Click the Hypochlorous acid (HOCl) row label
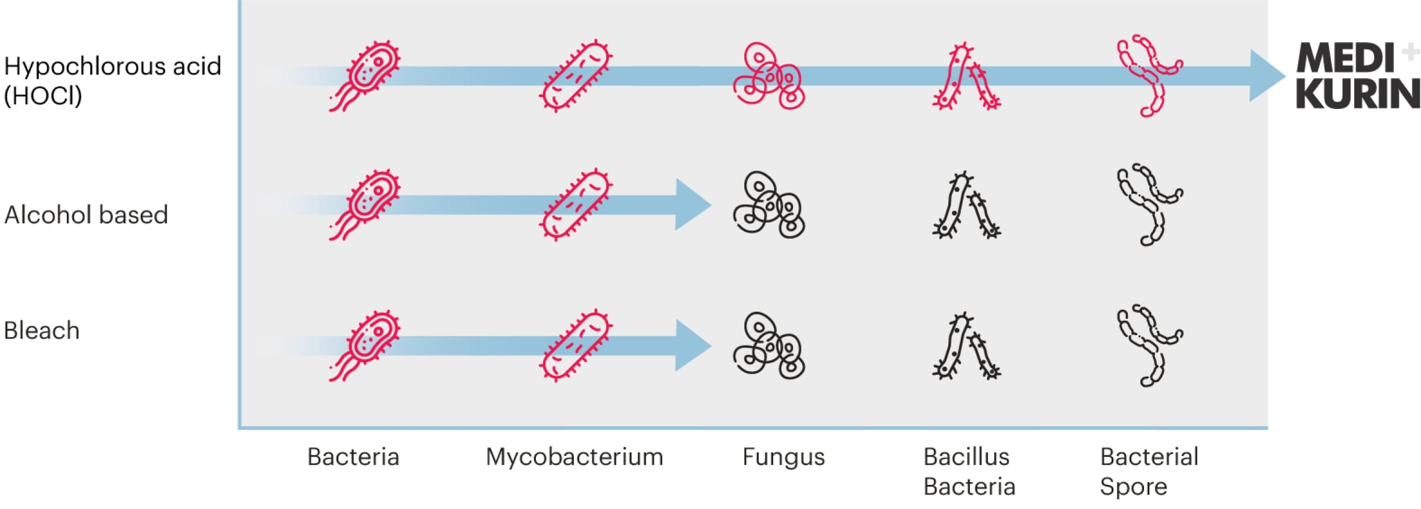click(x=113, y=81)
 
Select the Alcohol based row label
click(x=86, y=215)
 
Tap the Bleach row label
click(x=42, y=330)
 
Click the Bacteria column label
click(x=353, y=457)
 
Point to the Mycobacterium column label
click(x=574, y=457)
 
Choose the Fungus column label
click(x=783, y=457)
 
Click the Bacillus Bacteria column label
click(x=969, y=471)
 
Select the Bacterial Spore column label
click(x=1149, y=471)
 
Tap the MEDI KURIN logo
click(x=1358, y=76)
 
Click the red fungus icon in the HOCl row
click(x=769, y=76)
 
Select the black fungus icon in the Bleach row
click(x=769, y=345)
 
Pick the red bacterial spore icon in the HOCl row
click(x=1149, y=75)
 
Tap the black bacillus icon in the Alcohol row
click(x=966, y=206)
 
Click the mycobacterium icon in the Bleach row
click(x=576, y=346)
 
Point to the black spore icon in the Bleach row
click(x=1149, y=345)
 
